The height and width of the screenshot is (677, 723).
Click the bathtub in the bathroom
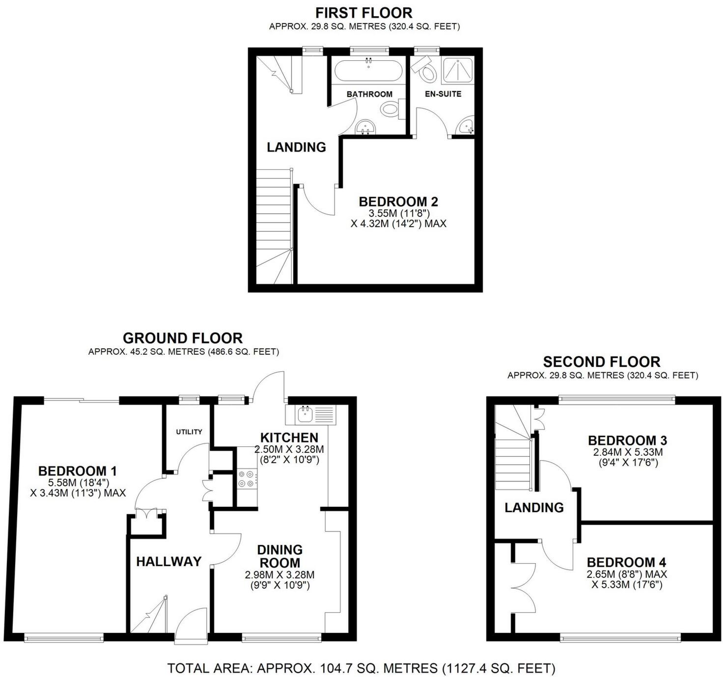pos(368,70)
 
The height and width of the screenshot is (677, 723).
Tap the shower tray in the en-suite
pos(458,70)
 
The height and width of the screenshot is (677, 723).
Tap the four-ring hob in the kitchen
pos(247,479)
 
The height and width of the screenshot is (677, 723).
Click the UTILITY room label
pos(189,432)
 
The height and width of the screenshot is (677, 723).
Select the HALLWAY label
pos(168,561)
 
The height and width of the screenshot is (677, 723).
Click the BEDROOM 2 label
pos(398,202)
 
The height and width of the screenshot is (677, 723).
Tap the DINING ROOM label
pos(279,556)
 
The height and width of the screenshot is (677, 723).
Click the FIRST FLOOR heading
pos(363,12)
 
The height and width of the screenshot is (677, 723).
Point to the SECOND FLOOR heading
pos(602,362)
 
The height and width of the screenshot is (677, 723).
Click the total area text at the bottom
pos(361,668)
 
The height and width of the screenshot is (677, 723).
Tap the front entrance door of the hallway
pos(192,625)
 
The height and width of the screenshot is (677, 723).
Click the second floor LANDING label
pos(534,507)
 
